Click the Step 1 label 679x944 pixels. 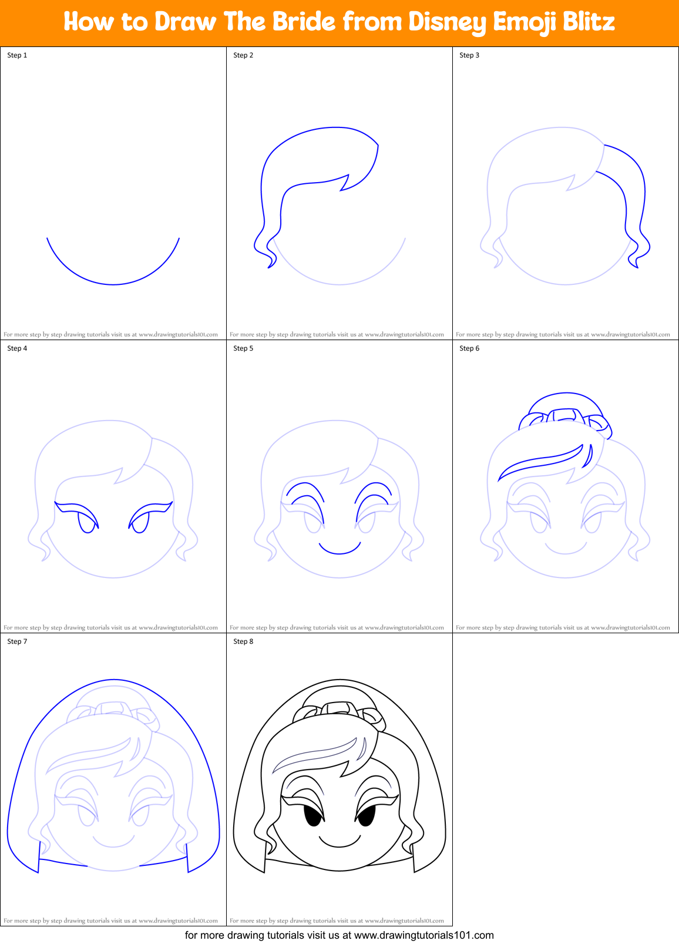click(17, 55)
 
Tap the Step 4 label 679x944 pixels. click(17, 348)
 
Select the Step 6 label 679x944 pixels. click(469, 348)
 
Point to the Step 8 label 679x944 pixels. click(243, 641)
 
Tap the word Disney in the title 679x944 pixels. click(447, 22)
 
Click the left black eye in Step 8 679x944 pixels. click(313, 815)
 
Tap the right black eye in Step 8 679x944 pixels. click(366, 815)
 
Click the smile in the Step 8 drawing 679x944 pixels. click(339, 845)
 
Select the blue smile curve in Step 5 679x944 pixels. click(339, 552)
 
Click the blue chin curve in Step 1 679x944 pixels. click(113, 284)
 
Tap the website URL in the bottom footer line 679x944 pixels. click(423, 935)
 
